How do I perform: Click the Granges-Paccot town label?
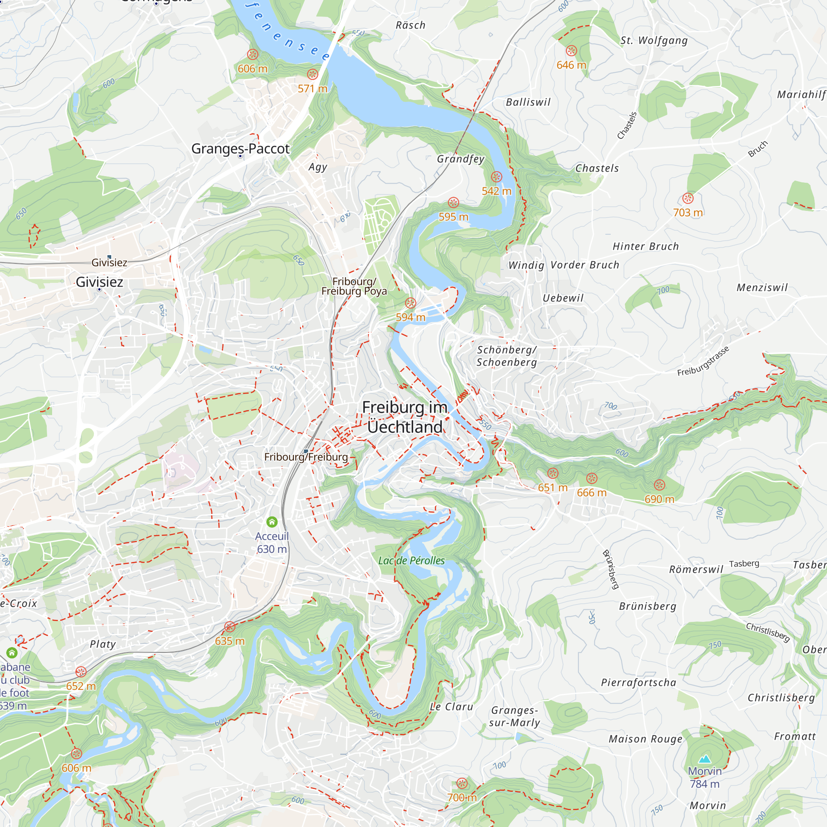coord(240,148)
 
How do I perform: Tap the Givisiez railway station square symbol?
coord(109,257)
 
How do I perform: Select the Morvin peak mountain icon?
coord(705,759)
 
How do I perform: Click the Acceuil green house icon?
coord(272,522)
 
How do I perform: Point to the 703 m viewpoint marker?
coord(688,198)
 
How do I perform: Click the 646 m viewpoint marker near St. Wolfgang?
coord(571,51)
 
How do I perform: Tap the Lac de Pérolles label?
coord(411,560)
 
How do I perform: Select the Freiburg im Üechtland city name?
coord(404,417)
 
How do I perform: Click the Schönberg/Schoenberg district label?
coord(507,356)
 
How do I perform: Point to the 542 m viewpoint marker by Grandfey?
coord(497,177)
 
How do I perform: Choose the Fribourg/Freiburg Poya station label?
coord(354,287)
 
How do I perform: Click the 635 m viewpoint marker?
coord(230,627)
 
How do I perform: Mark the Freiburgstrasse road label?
coord(703,361)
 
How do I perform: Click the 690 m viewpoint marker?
coord(660,485)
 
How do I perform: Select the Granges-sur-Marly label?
coord(514,716)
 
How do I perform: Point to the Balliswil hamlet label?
coord(528,102)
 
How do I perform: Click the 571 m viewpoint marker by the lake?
coord(313,74)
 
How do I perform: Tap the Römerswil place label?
coord(696,569)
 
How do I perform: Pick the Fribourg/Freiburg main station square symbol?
coord(306,451)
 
